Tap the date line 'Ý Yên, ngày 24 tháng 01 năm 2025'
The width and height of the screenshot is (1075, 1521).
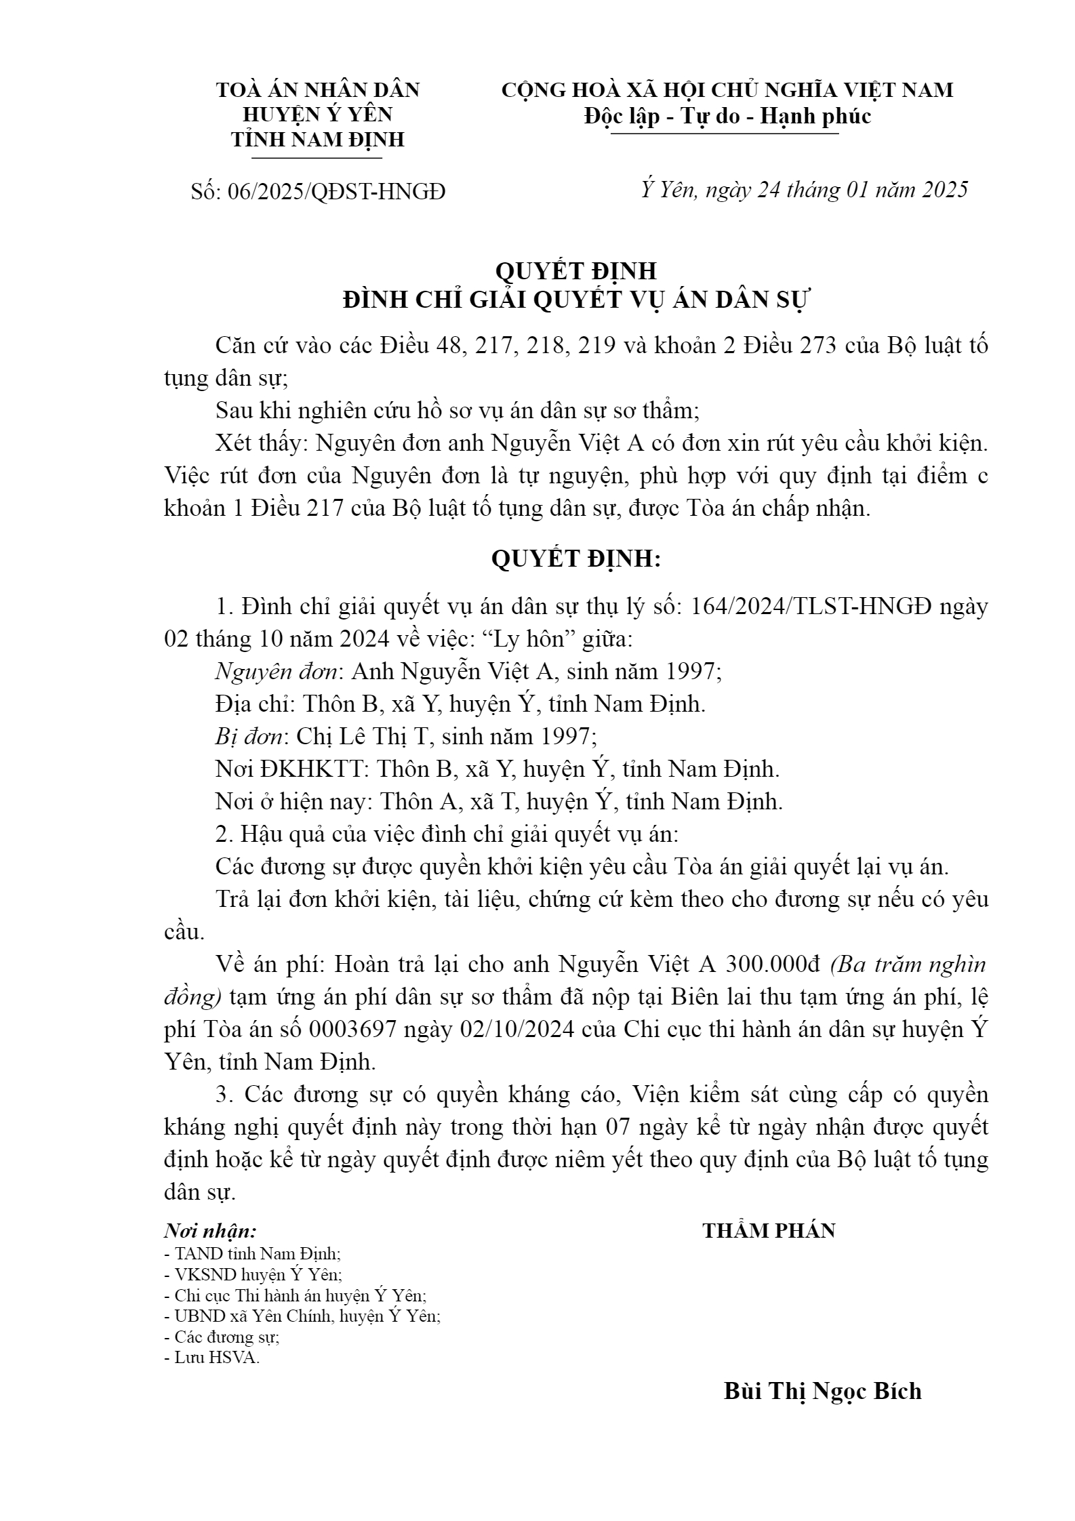click(x=804, y=190)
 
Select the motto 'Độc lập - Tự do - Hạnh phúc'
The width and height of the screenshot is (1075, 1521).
click(x=727, y=117)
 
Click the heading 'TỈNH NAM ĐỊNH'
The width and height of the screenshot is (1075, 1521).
click(x=317, y=140)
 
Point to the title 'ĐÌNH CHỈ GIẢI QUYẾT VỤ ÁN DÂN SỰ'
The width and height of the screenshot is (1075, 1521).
click(x=575, y=300)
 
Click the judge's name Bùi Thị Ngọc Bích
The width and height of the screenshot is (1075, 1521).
click(x=822, y=1391)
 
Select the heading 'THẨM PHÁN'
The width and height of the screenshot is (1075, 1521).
click(x=769, y=1231)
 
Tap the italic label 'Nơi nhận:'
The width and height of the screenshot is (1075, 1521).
click(x=210, y=1231)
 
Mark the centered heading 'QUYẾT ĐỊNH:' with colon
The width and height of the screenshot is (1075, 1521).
click(x=575, y=559)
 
